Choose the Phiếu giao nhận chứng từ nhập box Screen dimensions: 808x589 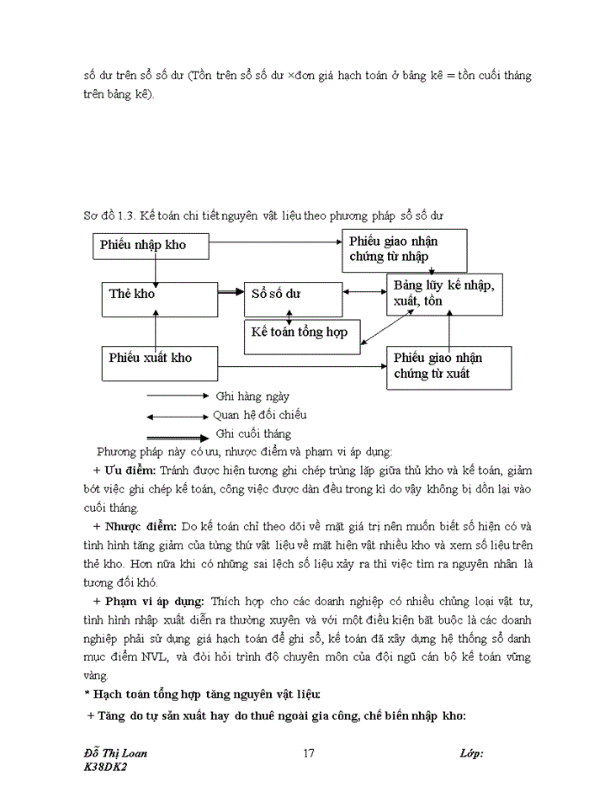pyautogui.click(x=404, y=249)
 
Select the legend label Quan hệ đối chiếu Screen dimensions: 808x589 pyautogui.click(x=259, y=415)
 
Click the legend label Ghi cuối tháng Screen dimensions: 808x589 pyautogui.click(x=253, y=434)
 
